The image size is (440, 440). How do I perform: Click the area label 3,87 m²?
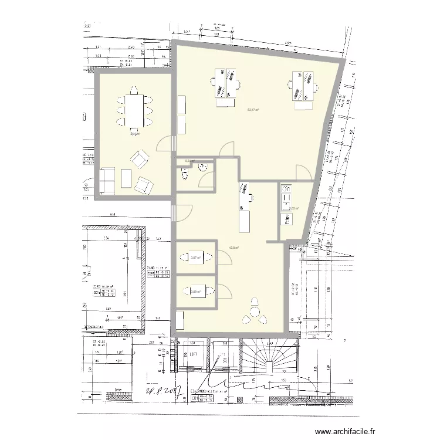[196, 257]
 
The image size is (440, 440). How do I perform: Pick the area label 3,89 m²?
[196, 290]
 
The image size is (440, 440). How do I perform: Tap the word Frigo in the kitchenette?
[287, 219]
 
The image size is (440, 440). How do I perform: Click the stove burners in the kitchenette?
[286, 188]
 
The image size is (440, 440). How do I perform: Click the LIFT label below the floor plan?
[194, 354]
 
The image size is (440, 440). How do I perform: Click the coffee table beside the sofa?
[126, 178]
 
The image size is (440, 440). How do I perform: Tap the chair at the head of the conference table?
[134, 90]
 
